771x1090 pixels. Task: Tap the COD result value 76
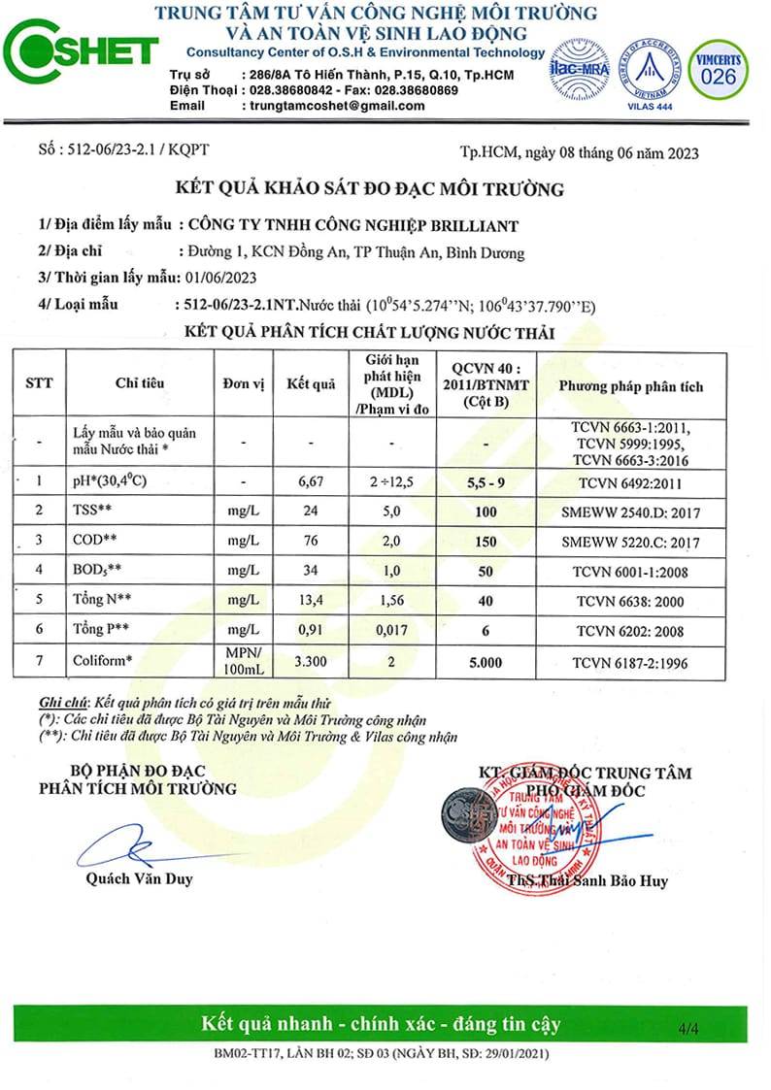click(311, 542)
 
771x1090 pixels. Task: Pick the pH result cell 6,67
click(311, 481)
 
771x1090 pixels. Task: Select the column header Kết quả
click(311, 384)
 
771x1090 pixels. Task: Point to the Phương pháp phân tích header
click(630, 386)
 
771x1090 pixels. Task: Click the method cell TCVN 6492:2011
click(630, 481)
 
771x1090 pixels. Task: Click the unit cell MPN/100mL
click(244, 663)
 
